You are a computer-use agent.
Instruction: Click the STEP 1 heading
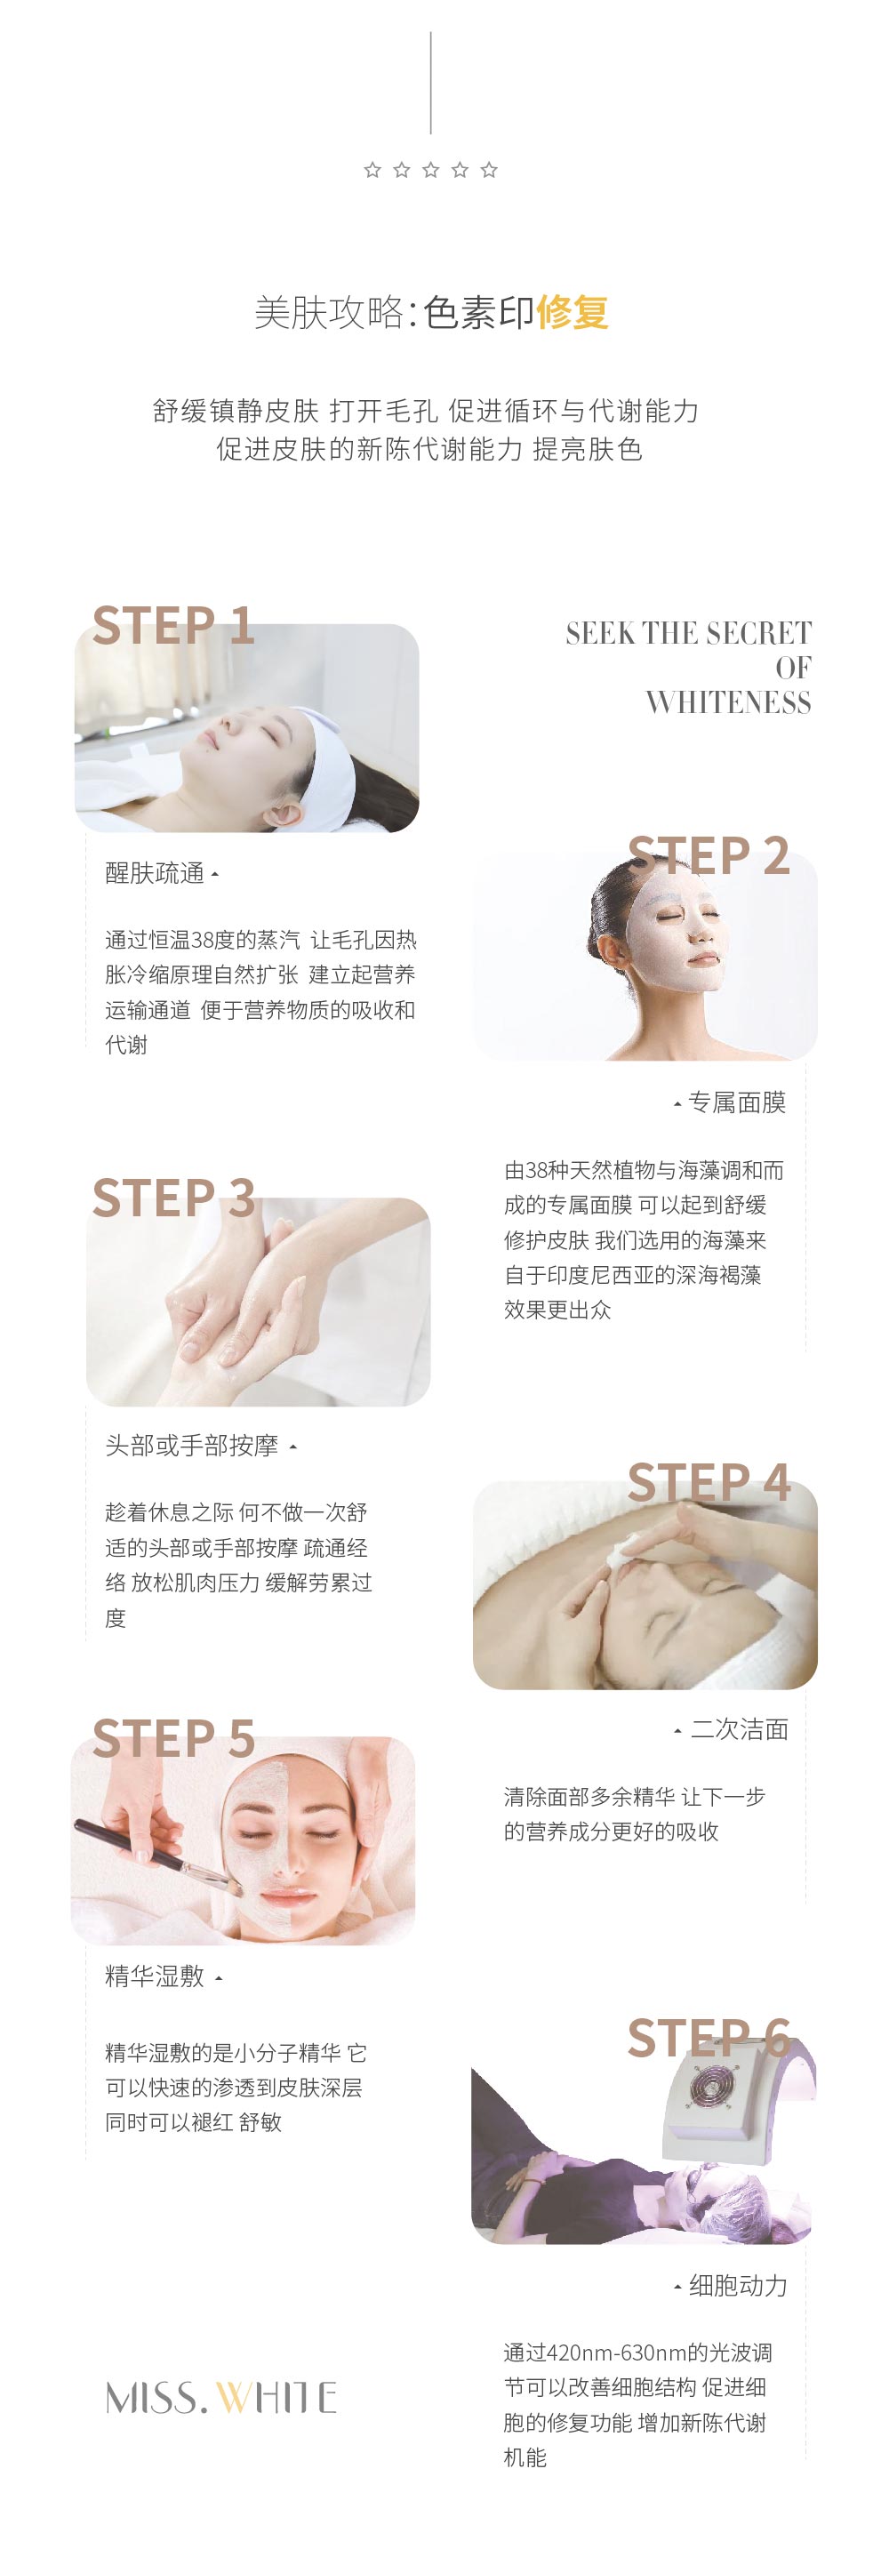pyautogui.click(x=173, y=625)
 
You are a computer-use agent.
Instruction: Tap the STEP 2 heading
pyautogui.click(x=709, y=855)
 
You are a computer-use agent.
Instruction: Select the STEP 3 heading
pyautogui.click(x=173, y=1198)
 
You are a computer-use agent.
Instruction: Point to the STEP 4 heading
pyautogui.click(x=709, y=1483)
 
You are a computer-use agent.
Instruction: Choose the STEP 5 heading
pyautogui.click(x=173, y=1738)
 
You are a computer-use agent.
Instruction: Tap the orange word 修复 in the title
pyautogui.click(x=573, y=313)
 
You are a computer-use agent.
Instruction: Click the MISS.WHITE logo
pyautogui.click(x=221, y=2397)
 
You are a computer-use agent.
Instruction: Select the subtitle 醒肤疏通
pyautogui.click(x=155, y=873)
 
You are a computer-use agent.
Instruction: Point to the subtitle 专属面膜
pyautogui.click(x=738, y=1102)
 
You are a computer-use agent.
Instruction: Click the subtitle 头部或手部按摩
pyautogui.click(x=192, y=1446)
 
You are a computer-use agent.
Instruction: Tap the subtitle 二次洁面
pyautogui.click(x=740, y=1729)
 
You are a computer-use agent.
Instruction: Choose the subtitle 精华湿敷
pyautogui.click(x=155, y=1976)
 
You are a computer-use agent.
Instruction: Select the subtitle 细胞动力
pyautogui.click(x=739, y=2286)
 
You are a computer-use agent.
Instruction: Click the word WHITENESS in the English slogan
pyautogui.click(x=729, y=703)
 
